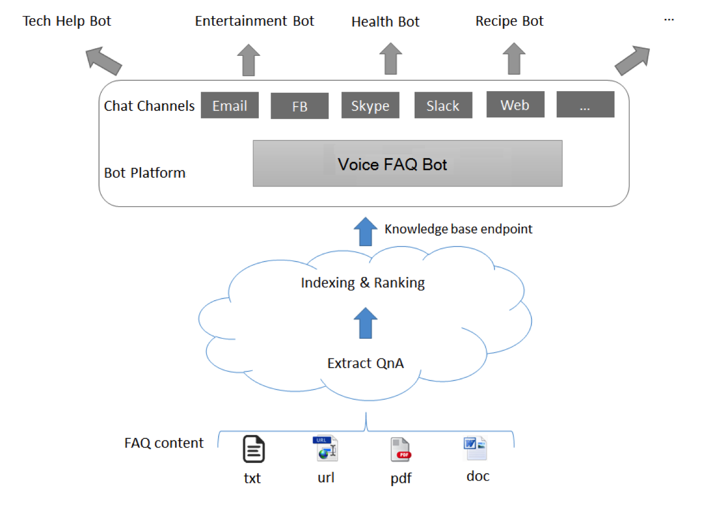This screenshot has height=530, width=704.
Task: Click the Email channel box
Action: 229,106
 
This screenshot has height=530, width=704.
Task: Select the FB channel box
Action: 299,106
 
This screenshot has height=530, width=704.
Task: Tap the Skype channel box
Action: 370,106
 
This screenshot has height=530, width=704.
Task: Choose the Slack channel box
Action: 443,106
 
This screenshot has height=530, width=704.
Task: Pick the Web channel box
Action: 515,104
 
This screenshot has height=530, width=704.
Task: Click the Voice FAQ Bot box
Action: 407,163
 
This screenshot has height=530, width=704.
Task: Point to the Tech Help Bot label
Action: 67,21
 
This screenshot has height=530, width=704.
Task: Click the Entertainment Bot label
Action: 254,21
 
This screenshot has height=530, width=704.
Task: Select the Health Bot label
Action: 385,21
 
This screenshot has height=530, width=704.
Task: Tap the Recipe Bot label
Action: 510,21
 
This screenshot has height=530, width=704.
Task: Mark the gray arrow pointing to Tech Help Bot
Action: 103,61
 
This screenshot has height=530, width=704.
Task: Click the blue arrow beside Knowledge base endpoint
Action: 365,232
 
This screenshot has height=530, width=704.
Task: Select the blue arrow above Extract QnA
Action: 365,323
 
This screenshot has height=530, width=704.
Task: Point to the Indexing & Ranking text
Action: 363,282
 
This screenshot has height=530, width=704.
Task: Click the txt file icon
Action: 253,449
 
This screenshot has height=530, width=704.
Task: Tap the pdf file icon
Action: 400,450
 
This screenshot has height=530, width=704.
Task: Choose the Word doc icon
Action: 475,448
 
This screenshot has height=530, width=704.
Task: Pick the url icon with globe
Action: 325,448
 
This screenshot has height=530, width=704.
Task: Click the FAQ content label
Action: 164,443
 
